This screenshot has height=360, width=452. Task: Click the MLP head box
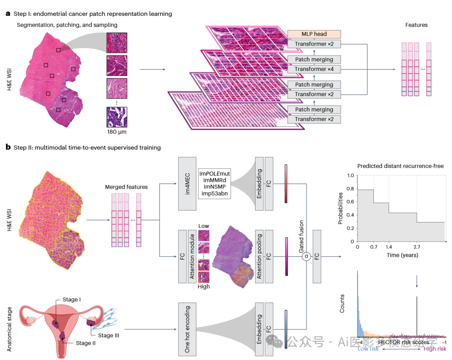click(314, 34)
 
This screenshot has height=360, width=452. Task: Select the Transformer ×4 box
click(314, 69)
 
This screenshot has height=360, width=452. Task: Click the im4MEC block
click(187, 184)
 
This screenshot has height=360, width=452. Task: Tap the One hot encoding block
click(187, 329)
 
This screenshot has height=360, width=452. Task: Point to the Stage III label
click(109, 335)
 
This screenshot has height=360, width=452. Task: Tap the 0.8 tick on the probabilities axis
click(349, 189)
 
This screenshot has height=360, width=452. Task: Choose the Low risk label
click(368, 349)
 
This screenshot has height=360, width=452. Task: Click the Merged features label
click(126, 187)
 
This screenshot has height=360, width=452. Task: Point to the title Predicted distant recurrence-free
click(400, 166)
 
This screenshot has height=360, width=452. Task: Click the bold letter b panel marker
click(8, 147)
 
